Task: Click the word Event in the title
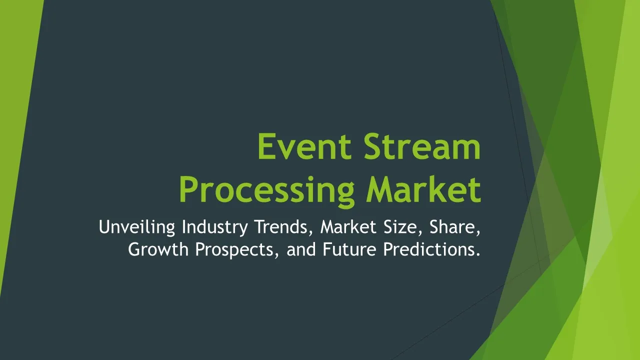304,146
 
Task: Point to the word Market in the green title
424,189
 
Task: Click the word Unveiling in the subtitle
137,227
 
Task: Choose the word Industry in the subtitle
215,227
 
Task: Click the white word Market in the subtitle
348,227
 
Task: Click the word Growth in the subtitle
158,249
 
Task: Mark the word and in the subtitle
301,249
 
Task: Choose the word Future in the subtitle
349,249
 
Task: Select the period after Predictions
478,255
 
